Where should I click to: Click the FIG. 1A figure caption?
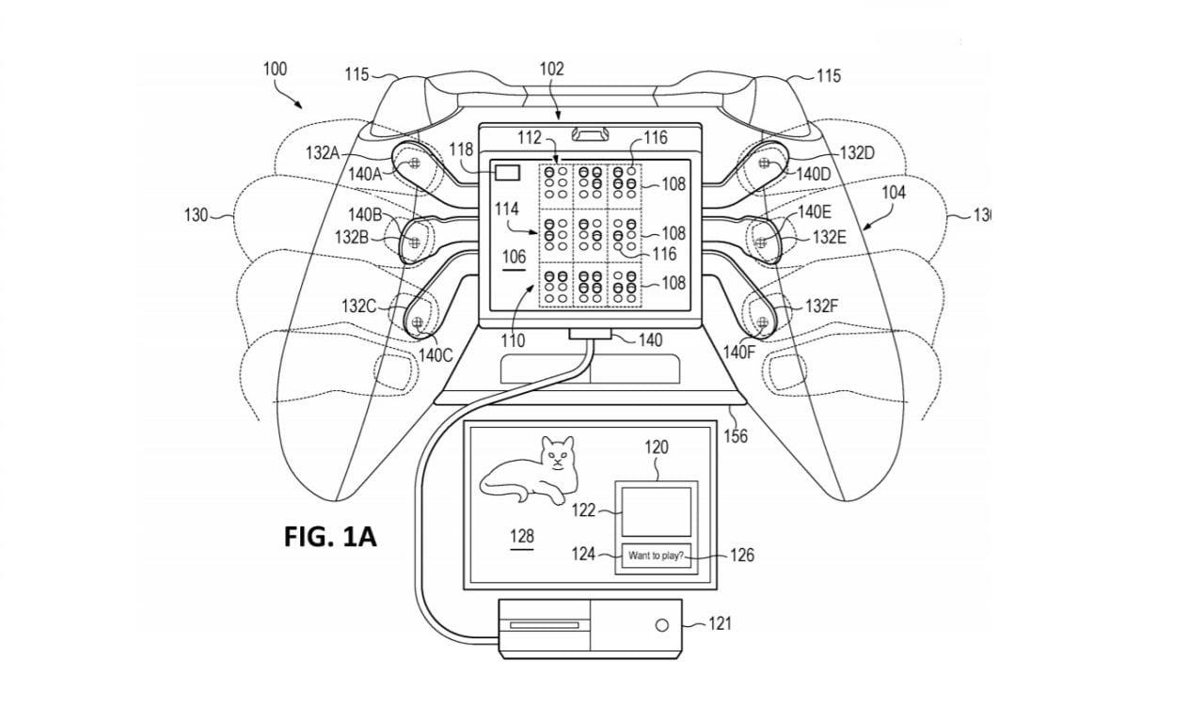330,537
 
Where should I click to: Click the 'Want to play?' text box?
657,557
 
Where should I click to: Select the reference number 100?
275,69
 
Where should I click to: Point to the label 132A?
322,152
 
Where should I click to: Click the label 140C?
436,354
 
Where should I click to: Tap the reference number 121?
719,623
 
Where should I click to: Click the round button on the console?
662,625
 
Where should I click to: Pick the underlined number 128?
521,537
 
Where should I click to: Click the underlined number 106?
514,257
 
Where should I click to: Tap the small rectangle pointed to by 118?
508,173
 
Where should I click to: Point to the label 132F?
821,306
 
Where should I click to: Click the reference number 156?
735,436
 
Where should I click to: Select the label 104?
893,193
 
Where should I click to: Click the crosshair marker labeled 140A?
411,165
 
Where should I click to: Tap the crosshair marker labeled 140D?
764,165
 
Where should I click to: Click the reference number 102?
552,69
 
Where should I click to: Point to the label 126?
742,556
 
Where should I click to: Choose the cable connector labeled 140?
590,337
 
